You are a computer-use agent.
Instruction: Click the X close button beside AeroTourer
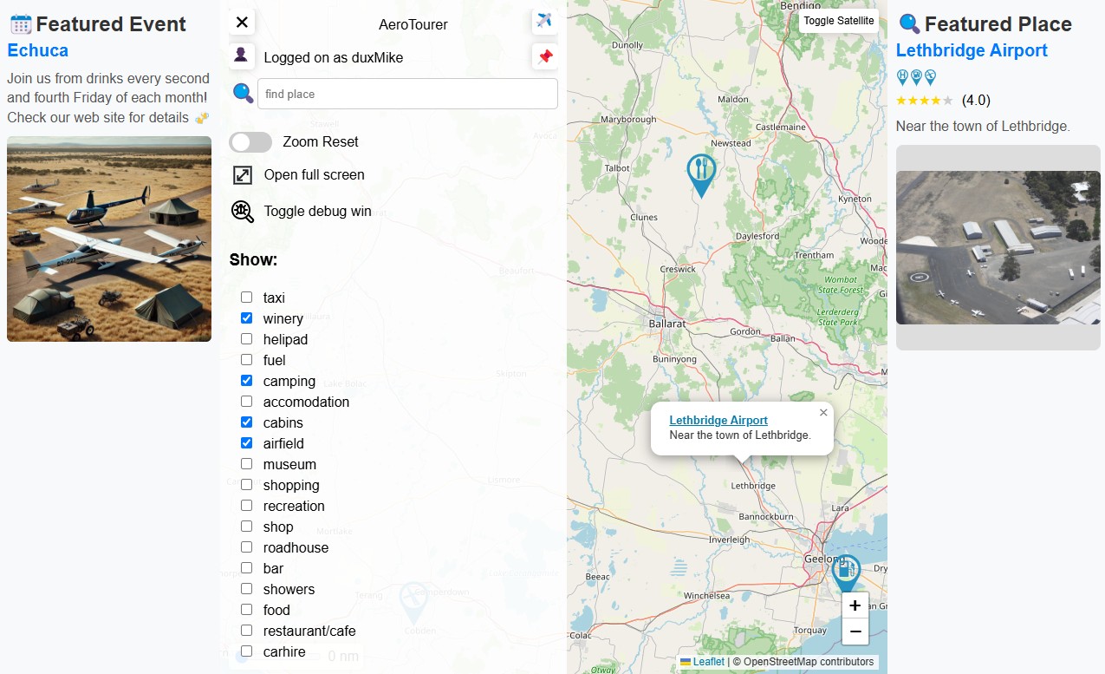[242, 23]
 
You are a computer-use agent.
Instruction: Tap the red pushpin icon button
[544, 57]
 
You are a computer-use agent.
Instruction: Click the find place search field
[407, 94]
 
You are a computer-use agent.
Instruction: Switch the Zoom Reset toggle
[250, 142]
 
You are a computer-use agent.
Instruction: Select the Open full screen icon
[243, 175]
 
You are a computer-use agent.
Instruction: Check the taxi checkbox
[247, 298]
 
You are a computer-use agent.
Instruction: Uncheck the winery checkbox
[247, 318]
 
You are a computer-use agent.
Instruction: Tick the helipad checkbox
[247, 339]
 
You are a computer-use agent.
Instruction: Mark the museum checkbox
[247, 464]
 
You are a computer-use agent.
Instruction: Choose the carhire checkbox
[247, 651]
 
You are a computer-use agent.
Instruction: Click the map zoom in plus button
[855, 605]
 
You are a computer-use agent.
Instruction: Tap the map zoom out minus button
[855, 631]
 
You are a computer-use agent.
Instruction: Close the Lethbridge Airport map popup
[823, 413]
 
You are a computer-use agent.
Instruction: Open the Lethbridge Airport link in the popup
[718, 421]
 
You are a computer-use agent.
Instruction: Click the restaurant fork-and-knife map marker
[701, 171]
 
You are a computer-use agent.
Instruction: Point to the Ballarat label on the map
[666, 324]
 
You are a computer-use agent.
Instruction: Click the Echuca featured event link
[38, 50]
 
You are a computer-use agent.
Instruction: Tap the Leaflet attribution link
[708, 662]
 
